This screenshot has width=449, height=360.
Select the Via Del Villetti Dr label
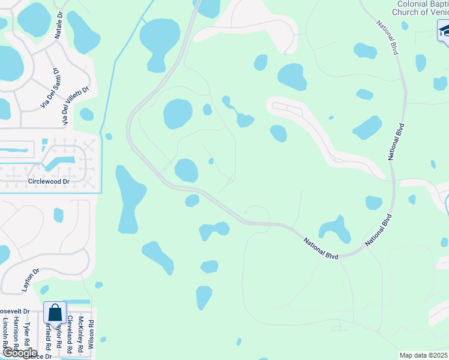77,106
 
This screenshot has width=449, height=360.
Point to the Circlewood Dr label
49,181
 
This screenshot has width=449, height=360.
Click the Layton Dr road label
31,280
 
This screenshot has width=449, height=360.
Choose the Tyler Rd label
27,335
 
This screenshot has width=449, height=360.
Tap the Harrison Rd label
16,333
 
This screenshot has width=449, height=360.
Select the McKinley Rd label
80,333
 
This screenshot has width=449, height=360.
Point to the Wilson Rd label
91,335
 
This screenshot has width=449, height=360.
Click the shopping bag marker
55,313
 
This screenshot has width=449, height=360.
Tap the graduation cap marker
443,30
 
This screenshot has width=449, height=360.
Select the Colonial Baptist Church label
421,8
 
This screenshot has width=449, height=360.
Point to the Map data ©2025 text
423,355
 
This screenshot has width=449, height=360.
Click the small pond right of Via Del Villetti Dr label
87,114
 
